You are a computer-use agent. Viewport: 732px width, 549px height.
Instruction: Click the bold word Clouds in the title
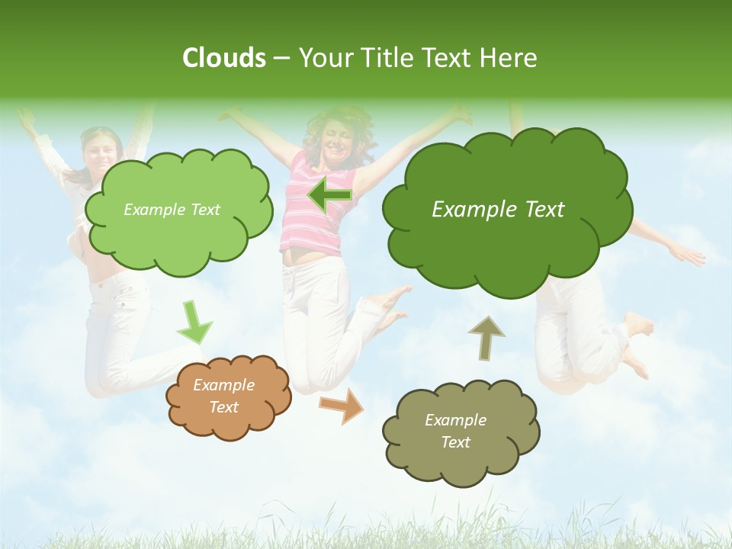pos(223,58)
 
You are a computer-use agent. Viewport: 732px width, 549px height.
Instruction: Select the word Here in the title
pos(510,58)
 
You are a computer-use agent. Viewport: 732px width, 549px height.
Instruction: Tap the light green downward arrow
pos(194,323)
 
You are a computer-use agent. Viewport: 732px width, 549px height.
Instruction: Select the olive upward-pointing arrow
pos(486,338)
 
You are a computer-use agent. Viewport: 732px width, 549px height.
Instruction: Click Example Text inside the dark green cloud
pos(498,210)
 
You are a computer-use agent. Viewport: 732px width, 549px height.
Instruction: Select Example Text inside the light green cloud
pos(172,210)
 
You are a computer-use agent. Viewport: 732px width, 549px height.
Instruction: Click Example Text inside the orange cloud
pos(223,396)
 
